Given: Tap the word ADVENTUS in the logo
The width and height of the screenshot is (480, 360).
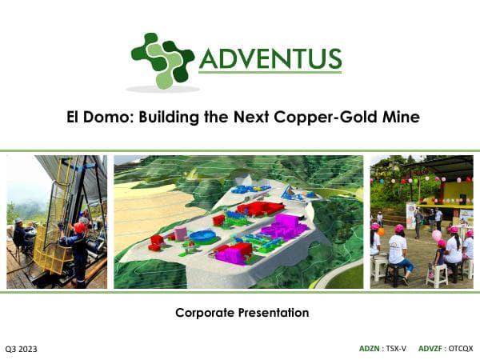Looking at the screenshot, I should pyautogui.click(x=270, y=58).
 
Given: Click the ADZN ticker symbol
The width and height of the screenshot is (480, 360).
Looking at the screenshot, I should pyautogui.click(x=370, y=349).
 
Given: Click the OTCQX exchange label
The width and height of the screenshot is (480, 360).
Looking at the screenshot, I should pyautogui.click(x=461, y=349).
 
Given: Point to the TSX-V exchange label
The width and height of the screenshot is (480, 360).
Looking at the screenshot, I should pyautogui.click(x=396, y=349).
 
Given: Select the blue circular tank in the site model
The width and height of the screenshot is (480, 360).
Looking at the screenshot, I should pyautogui.click(x=203, y=237).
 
